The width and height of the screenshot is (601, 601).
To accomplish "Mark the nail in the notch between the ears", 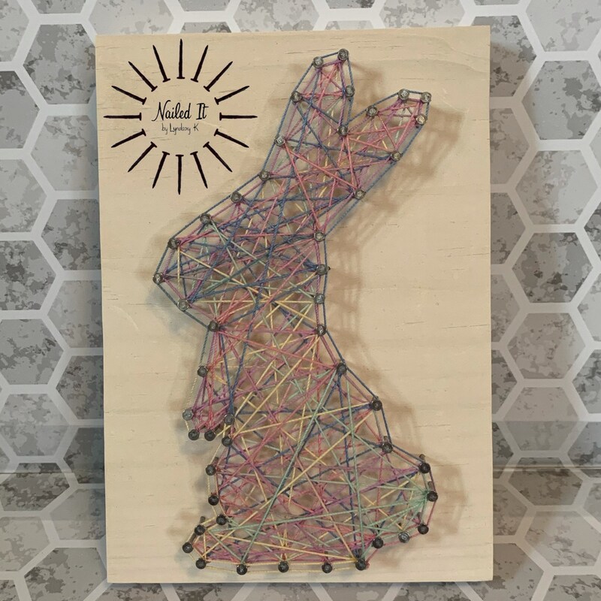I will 343,131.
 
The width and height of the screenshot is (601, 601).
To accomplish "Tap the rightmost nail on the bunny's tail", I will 432,495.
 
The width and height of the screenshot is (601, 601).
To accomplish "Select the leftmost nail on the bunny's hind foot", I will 186,546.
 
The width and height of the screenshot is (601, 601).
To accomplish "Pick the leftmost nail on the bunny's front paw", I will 187,414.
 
